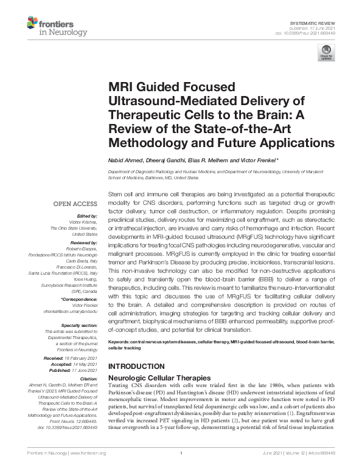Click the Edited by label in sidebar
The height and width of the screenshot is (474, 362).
tap(87, 216)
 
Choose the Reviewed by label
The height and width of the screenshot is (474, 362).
tap(83, 242)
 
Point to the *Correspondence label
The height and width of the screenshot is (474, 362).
tap(79, 300)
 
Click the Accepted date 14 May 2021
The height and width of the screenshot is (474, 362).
tap(82, 364)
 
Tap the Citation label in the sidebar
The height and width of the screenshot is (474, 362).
tap(88, 379)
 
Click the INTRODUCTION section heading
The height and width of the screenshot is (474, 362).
tap(136, 366)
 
